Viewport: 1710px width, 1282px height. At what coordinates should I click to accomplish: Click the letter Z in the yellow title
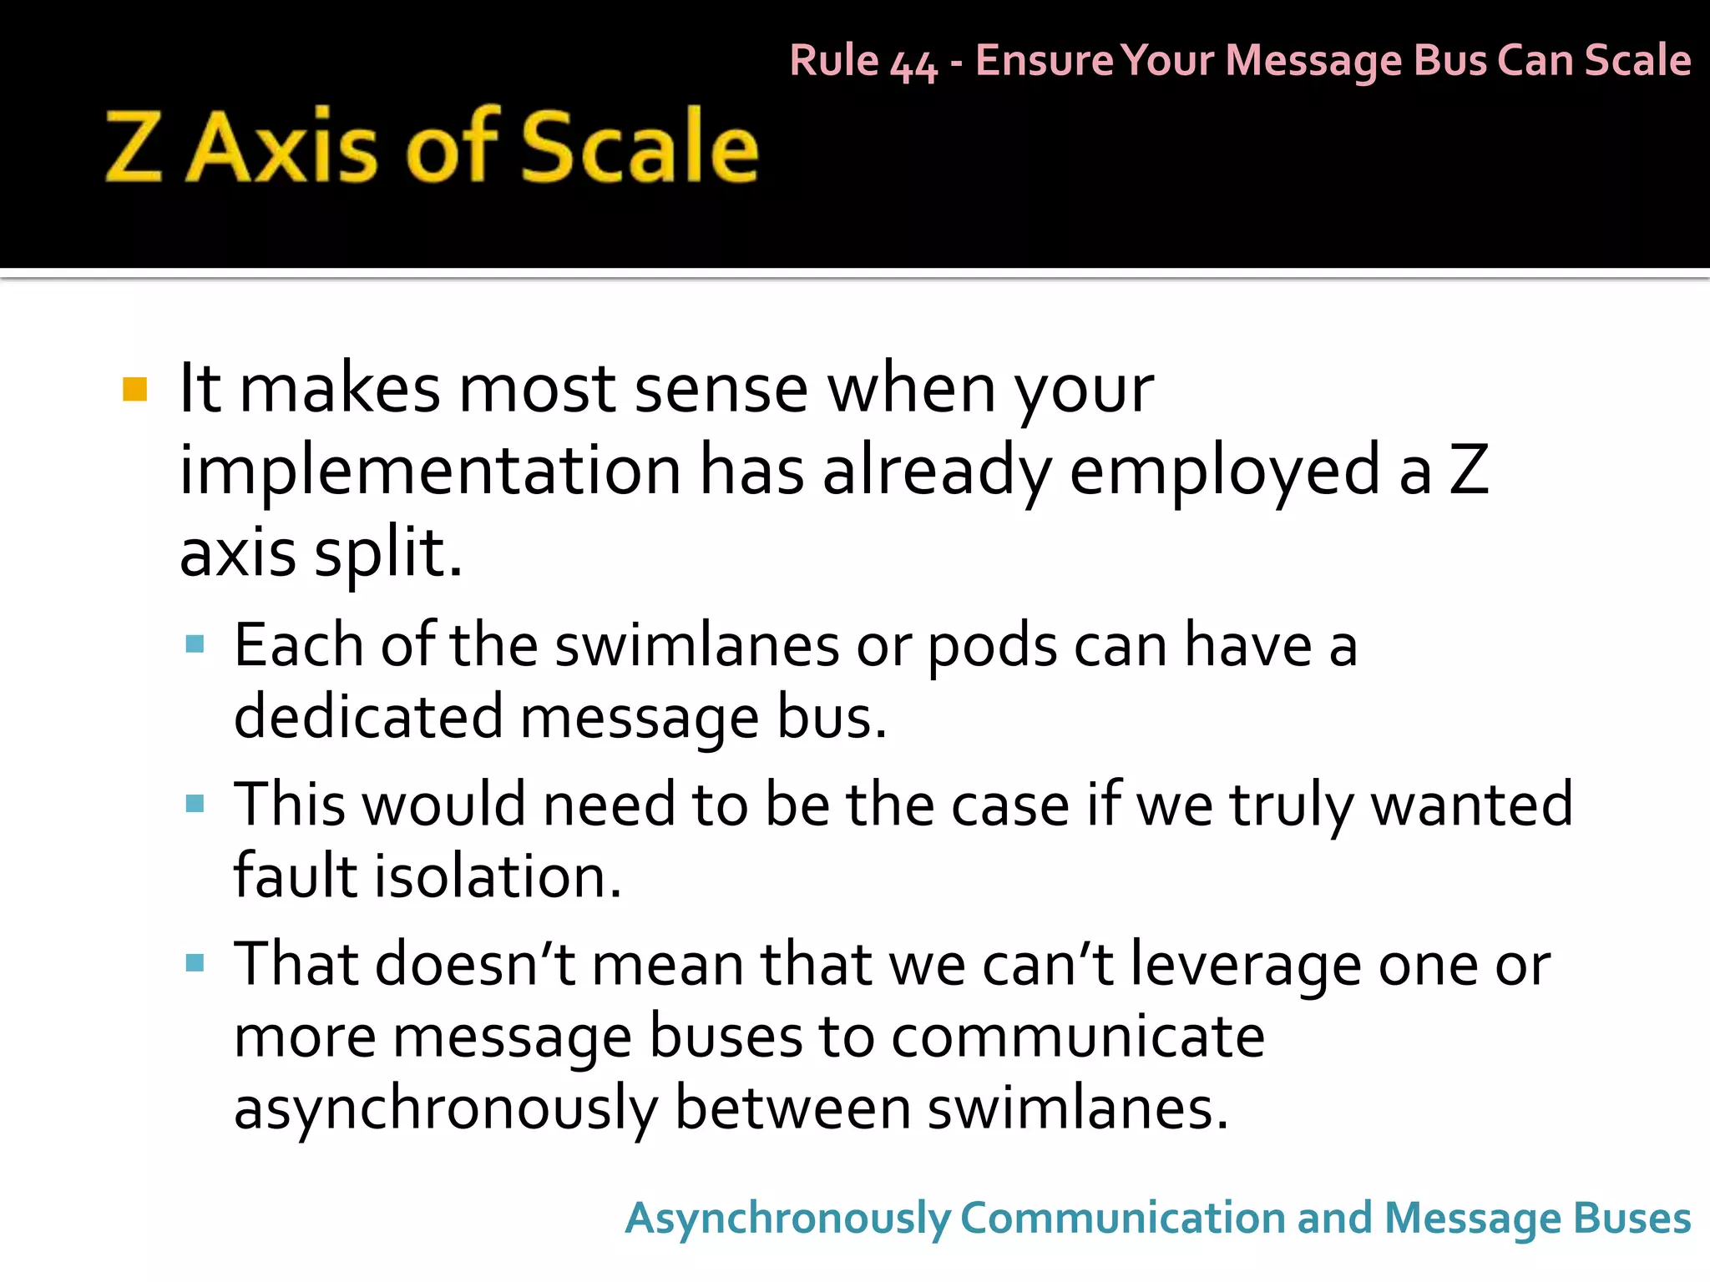pos(134,148)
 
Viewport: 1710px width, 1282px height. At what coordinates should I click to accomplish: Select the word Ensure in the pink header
pos(1044,60)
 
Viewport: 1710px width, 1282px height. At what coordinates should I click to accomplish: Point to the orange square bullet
pos(134,390)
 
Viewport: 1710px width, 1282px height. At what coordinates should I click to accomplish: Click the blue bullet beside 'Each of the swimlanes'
pos(195,644)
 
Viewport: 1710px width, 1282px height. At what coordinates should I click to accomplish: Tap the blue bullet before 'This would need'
pos(195,803)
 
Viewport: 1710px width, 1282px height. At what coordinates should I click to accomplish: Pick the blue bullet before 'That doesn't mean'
pos(195,963)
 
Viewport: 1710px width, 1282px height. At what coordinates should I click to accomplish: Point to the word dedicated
pos(368,717)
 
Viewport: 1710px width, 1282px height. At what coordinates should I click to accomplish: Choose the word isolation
pos(498,876)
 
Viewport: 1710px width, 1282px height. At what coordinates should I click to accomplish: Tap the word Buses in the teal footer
pos(1632,1218)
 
